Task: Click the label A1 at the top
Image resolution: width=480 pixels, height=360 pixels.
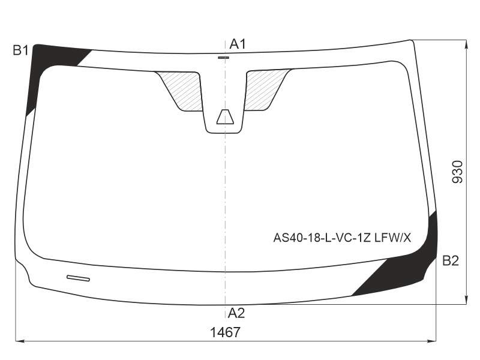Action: [x=238, y=44]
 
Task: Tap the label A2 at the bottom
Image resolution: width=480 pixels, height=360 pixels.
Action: [x=236, y=313]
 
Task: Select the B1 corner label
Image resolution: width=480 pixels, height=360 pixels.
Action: [x=20, y=50]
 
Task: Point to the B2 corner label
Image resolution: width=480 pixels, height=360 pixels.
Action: [x=451, y=261]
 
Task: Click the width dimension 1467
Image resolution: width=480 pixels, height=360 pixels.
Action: [x=226, y=332]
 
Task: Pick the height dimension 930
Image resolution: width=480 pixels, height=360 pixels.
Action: [x=458, y=172]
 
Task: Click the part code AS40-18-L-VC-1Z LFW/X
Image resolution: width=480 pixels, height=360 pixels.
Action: [x=342, y=237]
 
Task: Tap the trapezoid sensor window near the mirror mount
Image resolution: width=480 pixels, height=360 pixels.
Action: [x=225, y=116]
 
